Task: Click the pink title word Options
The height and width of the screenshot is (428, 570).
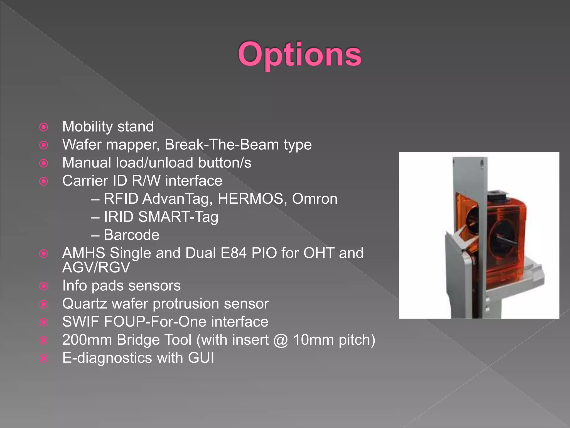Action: (299, 54)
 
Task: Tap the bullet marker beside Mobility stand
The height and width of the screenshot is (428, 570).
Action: (44, 127)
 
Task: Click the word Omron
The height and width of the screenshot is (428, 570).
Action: (315, 199)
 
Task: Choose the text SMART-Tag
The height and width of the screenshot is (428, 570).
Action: (178, 217)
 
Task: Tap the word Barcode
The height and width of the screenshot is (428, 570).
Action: (131, 235)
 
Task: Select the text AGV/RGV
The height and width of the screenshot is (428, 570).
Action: (96, 267)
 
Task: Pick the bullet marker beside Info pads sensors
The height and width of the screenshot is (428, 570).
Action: (44, 286)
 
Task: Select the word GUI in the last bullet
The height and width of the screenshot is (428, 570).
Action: (201, 358)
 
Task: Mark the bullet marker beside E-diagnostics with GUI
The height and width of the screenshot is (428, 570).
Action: (44, 358)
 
